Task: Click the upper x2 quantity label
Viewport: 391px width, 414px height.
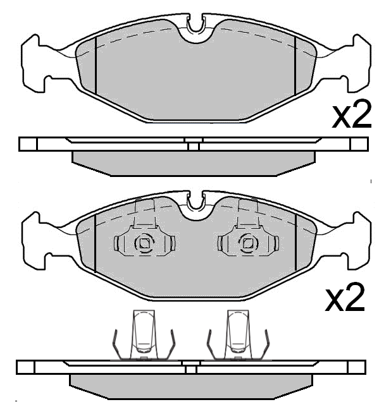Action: click(x=352, y=115)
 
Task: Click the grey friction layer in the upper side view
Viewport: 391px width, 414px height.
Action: click(x=194, y=161)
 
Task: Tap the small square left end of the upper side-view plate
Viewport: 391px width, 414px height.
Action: click(x=28, y=144)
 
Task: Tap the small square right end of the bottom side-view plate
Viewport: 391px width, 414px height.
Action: click(x=357, y=367)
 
